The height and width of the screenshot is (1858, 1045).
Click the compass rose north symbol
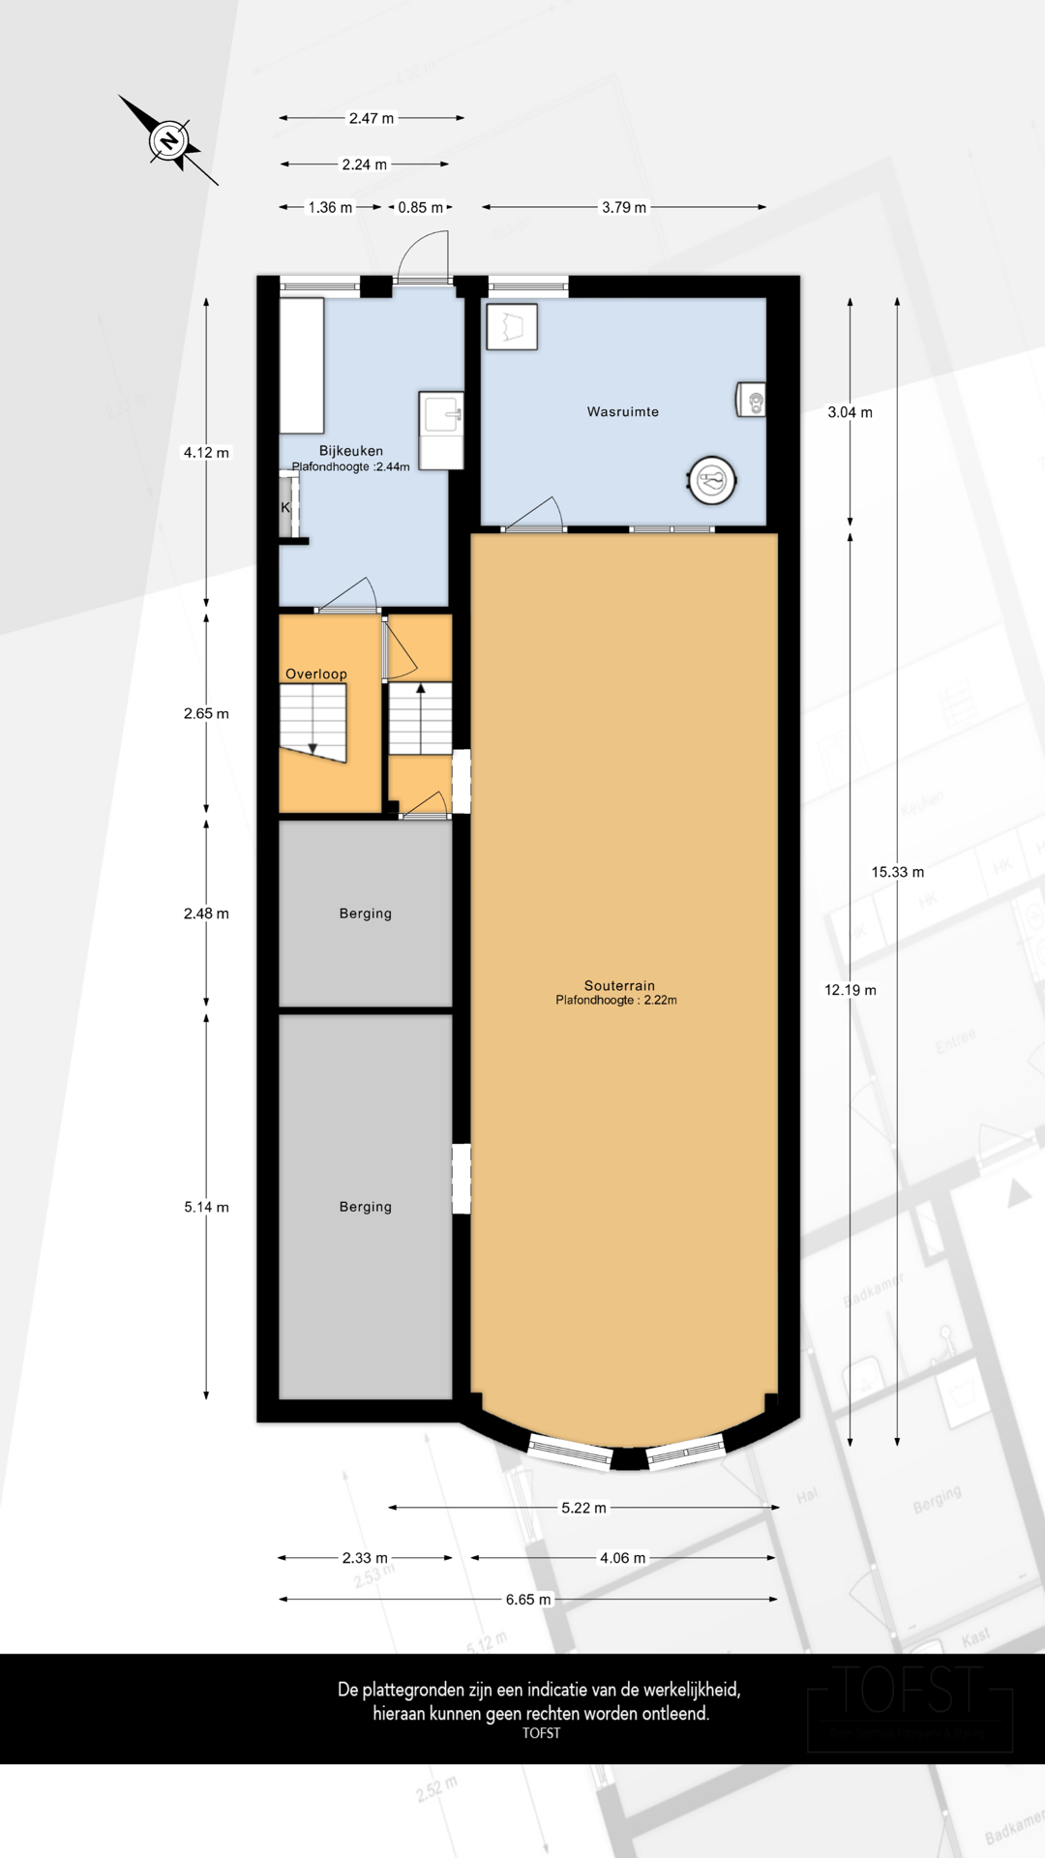(169, 141)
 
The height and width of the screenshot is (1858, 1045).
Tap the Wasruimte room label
(622, 412)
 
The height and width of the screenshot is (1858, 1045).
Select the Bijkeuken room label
(350, 451)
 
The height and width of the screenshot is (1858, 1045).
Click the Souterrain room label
(619, 986)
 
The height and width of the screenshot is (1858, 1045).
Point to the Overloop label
(315, 674)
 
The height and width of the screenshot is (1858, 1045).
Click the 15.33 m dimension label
(897, 872)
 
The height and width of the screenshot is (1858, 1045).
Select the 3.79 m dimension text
(624, 207)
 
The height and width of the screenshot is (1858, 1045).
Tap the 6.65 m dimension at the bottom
(528, 1600)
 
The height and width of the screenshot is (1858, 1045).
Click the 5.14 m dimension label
(206, 1207)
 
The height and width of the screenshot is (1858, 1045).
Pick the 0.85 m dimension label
(420, 207)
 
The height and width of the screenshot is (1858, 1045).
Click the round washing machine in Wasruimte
(712, 480)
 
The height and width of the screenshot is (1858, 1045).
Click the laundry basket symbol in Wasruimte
(511, 327)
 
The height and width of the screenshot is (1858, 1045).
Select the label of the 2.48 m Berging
(365, 914)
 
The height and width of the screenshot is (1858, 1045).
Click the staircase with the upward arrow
(420, 718)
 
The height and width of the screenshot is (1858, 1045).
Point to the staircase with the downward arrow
(313, 722)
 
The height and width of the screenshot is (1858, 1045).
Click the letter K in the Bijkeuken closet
(285, 508)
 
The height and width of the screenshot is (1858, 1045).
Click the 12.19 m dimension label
(850, 990)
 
